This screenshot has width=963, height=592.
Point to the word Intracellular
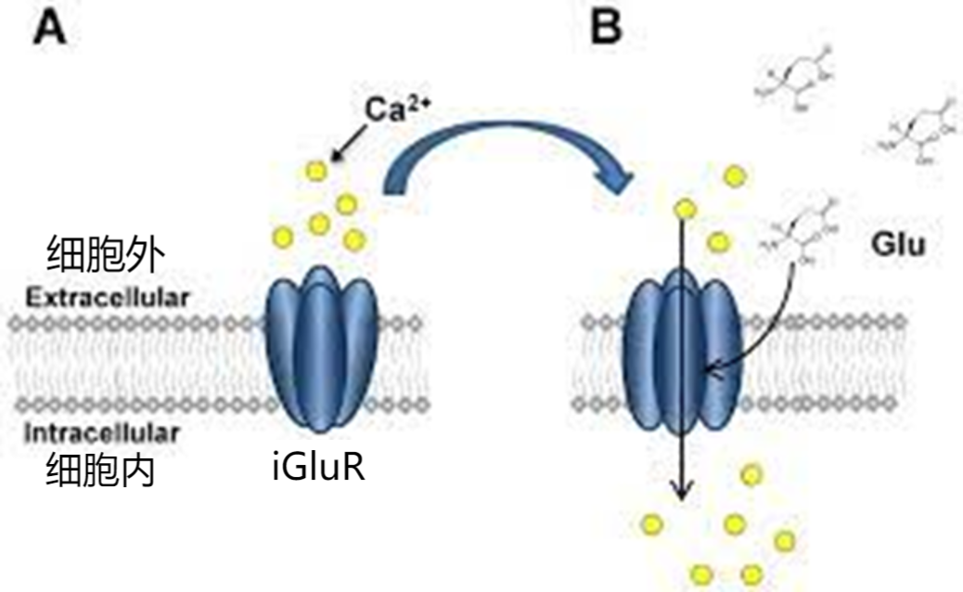(x=102, y=431)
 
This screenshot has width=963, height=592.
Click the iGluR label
(x=318, y=467)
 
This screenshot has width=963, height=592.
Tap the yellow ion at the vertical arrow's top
(x=685, y=209)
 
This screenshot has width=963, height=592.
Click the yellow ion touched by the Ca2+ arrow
(x=317, y=170)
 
